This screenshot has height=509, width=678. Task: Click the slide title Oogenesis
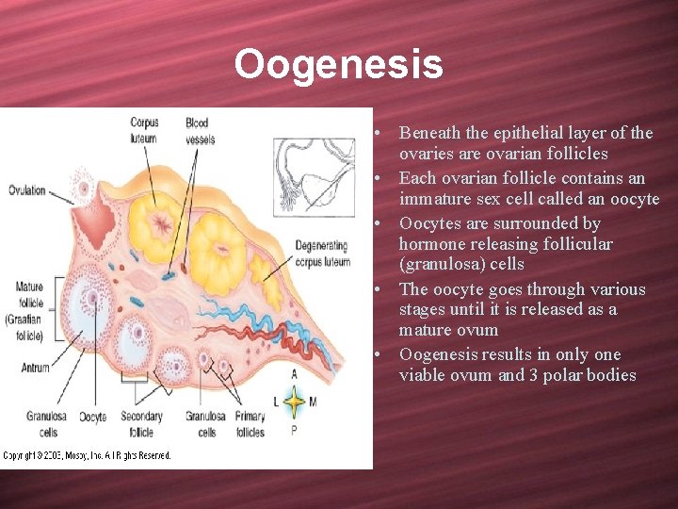(x=338, y=65)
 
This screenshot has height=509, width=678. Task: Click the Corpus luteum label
(x=145, y=130)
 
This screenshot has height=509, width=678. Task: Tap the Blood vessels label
(x=200, y=130)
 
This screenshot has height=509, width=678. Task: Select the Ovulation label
(x=26, y=190)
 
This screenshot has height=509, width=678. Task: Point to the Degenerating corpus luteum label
(x=321, y=254)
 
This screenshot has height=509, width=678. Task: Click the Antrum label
(x=35, y=368)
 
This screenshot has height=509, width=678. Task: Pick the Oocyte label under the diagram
(x=92, y=416)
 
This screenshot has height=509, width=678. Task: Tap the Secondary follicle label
(x=141, y=424)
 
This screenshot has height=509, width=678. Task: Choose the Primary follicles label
(x=250, y=424)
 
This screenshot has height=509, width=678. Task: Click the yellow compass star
(x=294, y=402)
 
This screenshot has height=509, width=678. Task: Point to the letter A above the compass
(x=294, y=374)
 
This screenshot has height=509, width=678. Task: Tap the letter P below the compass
(x=294, y=430)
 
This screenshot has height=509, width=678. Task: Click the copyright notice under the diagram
(x=87, y=456)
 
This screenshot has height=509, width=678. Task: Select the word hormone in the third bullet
(x=431, y=244)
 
